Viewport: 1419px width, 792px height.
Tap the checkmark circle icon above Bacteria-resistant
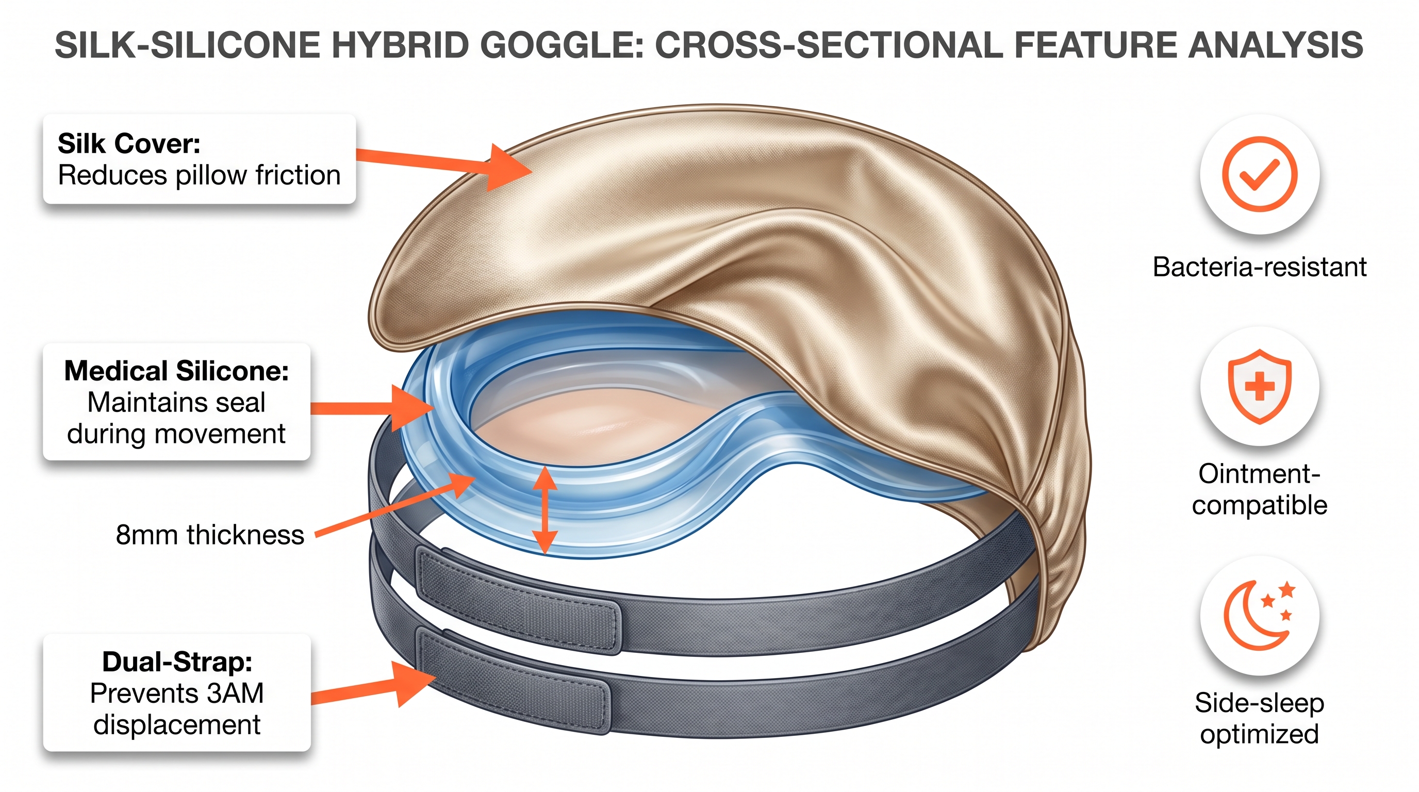click(x=1260, y=174)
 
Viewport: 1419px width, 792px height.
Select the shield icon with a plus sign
click(x=1260, y=386)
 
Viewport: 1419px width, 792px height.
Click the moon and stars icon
click(x=1260, y=615)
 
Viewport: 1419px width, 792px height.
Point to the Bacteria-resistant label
click(x=1260, y=267)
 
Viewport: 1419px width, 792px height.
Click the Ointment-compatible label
click(x=1260, y=489)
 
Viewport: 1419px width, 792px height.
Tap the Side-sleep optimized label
click(x=1260, y=718)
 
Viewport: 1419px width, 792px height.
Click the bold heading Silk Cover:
click(x=129, y=144)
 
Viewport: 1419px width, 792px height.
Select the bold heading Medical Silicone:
click(x=177, y=371)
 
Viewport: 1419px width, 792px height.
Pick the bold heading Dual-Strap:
click(x=177, y=662)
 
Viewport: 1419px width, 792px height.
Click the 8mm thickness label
click(x=210, y=535)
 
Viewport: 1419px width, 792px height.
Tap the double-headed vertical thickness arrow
click(x=545, y=509)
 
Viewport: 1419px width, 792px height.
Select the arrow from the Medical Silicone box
click(x=374, y=407)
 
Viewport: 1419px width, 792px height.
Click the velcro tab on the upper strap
click(x=518, y=600)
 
